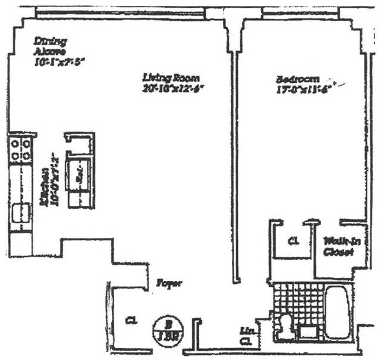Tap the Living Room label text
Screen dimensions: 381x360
[172, 77]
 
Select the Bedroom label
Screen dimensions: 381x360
[298, 79]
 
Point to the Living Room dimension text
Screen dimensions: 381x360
[176, 89]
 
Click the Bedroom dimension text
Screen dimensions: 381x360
[302, 90]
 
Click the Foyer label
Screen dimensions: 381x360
[170, 284]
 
